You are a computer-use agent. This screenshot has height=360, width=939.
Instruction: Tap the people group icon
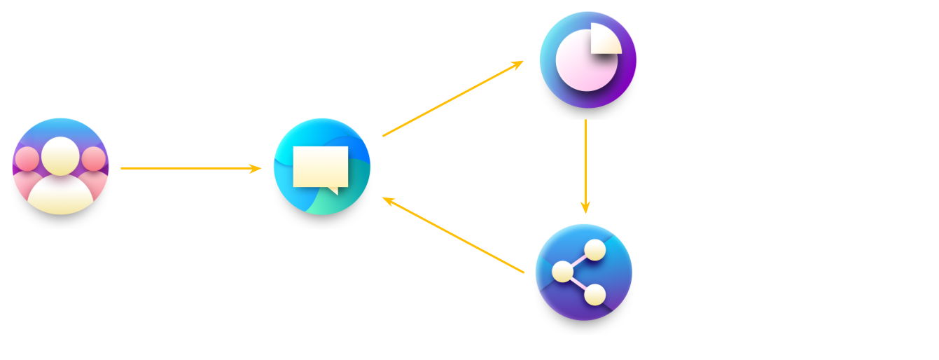coord(61,166)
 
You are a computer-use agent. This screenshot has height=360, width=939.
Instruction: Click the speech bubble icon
coord(321,167)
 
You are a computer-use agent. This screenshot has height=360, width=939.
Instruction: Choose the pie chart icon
coord(587,60)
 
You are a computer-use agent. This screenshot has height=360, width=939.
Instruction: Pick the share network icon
coord(583,272)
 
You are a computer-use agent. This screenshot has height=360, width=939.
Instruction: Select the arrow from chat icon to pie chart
coord(452,99)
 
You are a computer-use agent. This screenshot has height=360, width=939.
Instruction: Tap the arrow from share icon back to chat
coord(453,235)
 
